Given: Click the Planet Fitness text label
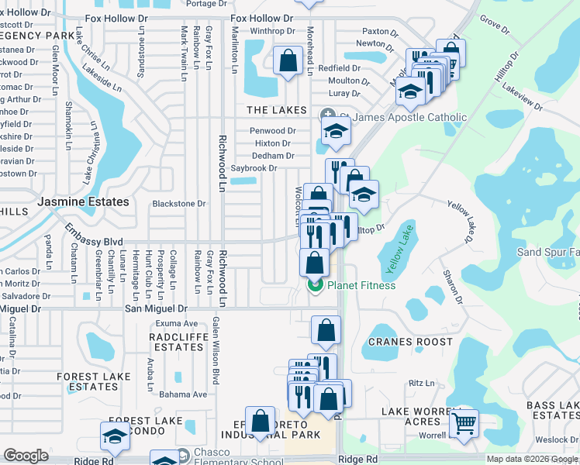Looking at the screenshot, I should (x=361, y=285).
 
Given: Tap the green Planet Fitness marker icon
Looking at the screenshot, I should (x=315, y=285).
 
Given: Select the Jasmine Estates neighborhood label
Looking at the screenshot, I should (x=83, y=201).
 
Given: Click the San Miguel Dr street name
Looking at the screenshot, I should (x=156, y=308).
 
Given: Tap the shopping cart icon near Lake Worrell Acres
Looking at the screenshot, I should (x=464, y=422).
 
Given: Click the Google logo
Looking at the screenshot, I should (x=26, y=456).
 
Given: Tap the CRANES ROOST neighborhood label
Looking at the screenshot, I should (x=410, y=342).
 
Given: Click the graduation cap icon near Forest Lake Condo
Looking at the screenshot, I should (x=115, y=437).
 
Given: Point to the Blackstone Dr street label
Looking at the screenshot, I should (x=178, y=204).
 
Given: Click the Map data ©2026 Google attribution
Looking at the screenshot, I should (x=531, y=459).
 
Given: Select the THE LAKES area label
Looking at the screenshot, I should (x=277, y=111).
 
